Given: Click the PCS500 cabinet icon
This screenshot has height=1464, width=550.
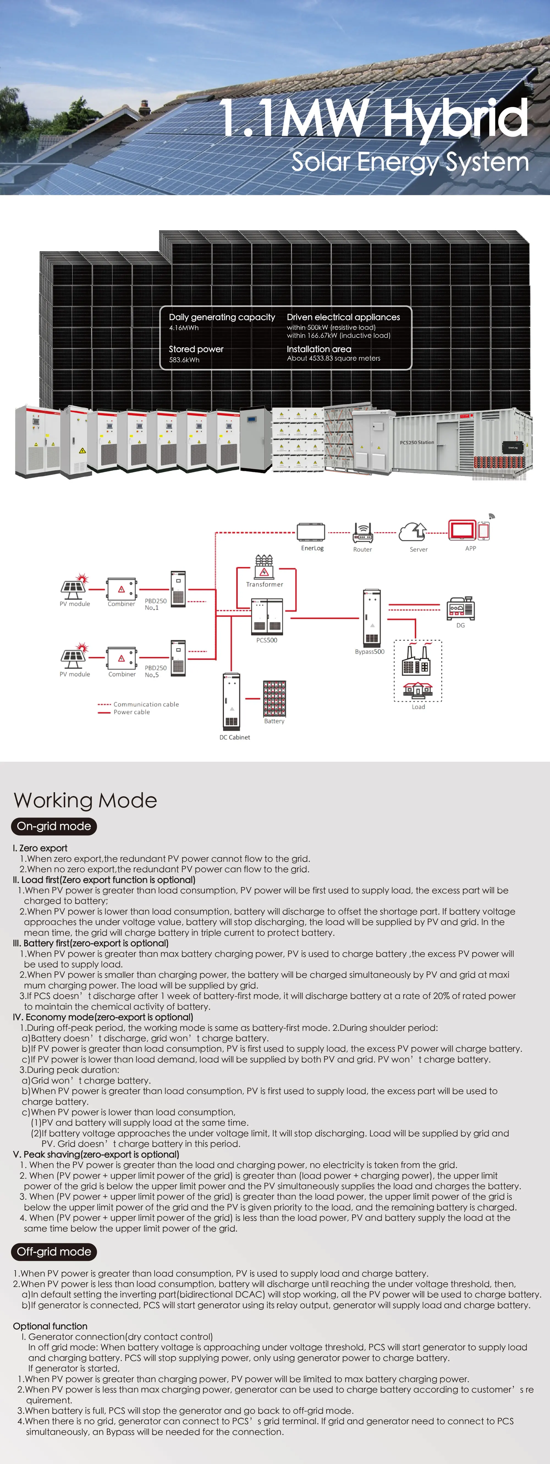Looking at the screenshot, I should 267,616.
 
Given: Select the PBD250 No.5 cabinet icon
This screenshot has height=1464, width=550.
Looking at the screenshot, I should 178,658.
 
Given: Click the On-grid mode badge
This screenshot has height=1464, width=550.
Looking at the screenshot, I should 54,826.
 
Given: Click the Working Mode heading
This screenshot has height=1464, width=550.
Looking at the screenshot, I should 85,800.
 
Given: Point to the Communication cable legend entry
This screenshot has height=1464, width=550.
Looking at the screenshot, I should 145,704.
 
